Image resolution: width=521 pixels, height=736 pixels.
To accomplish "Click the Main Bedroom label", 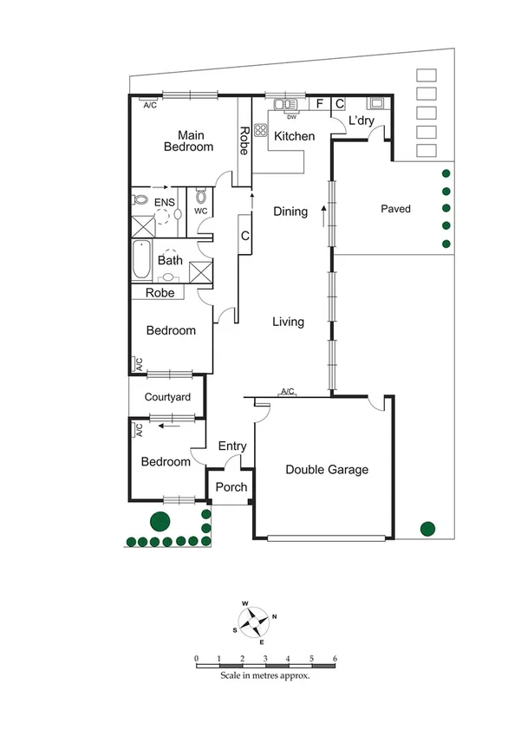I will (188, 140).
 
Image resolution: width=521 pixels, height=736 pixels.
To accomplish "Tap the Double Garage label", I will (327, 470).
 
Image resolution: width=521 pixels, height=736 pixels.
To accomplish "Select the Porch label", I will (231, 487).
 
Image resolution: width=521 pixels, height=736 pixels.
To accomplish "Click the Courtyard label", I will (167, 398).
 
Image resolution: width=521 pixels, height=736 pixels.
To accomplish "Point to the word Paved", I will (395, 209).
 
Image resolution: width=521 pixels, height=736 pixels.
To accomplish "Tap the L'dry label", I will (361, 120).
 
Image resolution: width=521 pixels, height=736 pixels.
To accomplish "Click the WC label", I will (200, 211).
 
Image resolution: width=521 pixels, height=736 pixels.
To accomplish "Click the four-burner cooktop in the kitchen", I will (260, 130).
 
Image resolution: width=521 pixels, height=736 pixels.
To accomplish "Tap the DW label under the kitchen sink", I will (291, 117).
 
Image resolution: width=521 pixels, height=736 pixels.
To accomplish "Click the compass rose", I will (252, 619).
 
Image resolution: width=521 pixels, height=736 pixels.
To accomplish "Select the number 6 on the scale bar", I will (334, 659).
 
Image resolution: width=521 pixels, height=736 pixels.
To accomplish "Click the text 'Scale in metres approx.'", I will (264, 675).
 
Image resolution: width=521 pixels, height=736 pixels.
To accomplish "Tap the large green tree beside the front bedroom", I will (160, 522).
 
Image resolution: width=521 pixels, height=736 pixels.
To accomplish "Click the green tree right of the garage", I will (427, 528).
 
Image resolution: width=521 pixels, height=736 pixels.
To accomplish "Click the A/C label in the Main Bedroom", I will (149, 105).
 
